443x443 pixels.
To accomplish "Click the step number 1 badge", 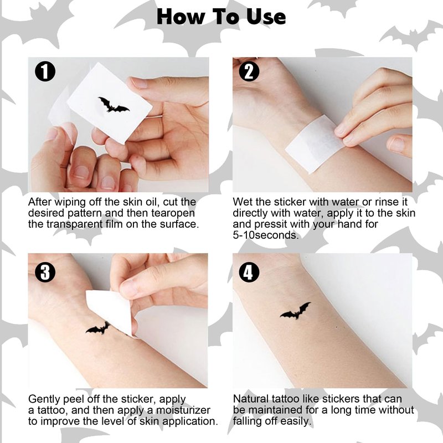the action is tap(45, 72).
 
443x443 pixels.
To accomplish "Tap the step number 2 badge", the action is tap(249, 72).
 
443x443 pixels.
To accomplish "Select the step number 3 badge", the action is tap(45, 272).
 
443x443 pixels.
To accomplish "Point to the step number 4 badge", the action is tap(249, 272).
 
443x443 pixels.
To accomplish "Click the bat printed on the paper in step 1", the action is tap(114, 105).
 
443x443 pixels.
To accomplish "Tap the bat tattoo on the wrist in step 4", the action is tap(296, 311).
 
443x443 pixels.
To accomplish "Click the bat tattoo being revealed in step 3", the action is tap(98, 328).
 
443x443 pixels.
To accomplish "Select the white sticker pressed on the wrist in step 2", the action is tap(315, 143).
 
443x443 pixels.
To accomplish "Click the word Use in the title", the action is tap(266, 17).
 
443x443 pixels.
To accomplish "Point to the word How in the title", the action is tap(181, 17).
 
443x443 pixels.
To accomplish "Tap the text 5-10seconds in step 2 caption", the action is tap(266, 235).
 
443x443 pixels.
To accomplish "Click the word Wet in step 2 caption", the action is tap(241, 202).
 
